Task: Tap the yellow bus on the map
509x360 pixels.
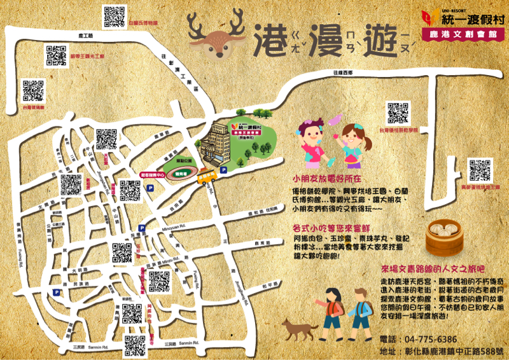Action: click(x=207, y=176)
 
